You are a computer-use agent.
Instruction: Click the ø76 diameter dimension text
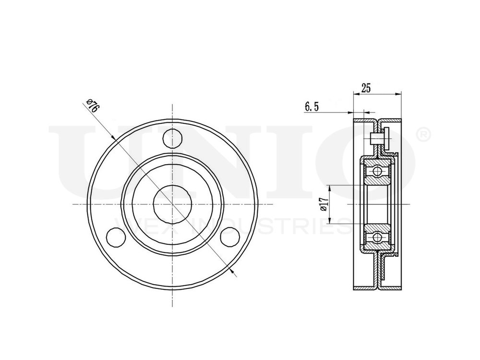pyautogui.click(x=93, y=106)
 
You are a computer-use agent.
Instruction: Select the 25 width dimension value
pyautogui.click(x=366, y=88)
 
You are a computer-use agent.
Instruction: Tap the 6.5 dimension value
pyautogui.click(x=312, y=107)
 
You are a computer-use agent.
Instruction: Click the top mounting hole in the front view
pyautogui.click(x=172, y=138)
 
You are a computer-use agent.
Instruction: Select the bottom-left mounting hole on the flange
pyautogui.click(x=115, y=237)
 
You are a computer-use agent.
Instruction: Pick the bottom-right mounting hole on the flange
pyautogui.click(x=229, y=237)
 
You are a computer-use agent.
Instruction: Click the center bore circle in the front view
pyautogui.click(x=172, y=204)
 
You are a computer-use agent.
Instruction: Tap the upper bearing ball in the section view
pyautogui.click(x=378, y=171)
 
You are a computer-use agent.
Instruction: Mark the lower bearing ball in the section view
pyautogui.click(x=378, y=237)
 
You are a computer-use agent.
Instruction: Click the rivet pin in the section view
pyautogui.click(x=379, y=139)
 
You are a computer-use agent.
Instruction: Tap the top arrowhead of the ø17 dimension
pyautogui.click(x=329, y=187)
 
